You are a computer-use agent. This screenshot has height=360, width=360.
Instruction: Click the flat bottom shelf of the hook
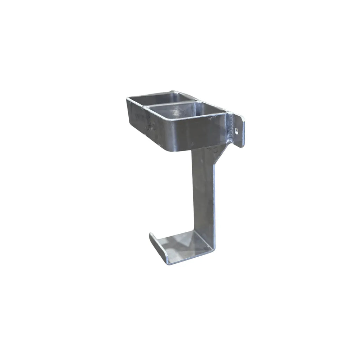[183, 241]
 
